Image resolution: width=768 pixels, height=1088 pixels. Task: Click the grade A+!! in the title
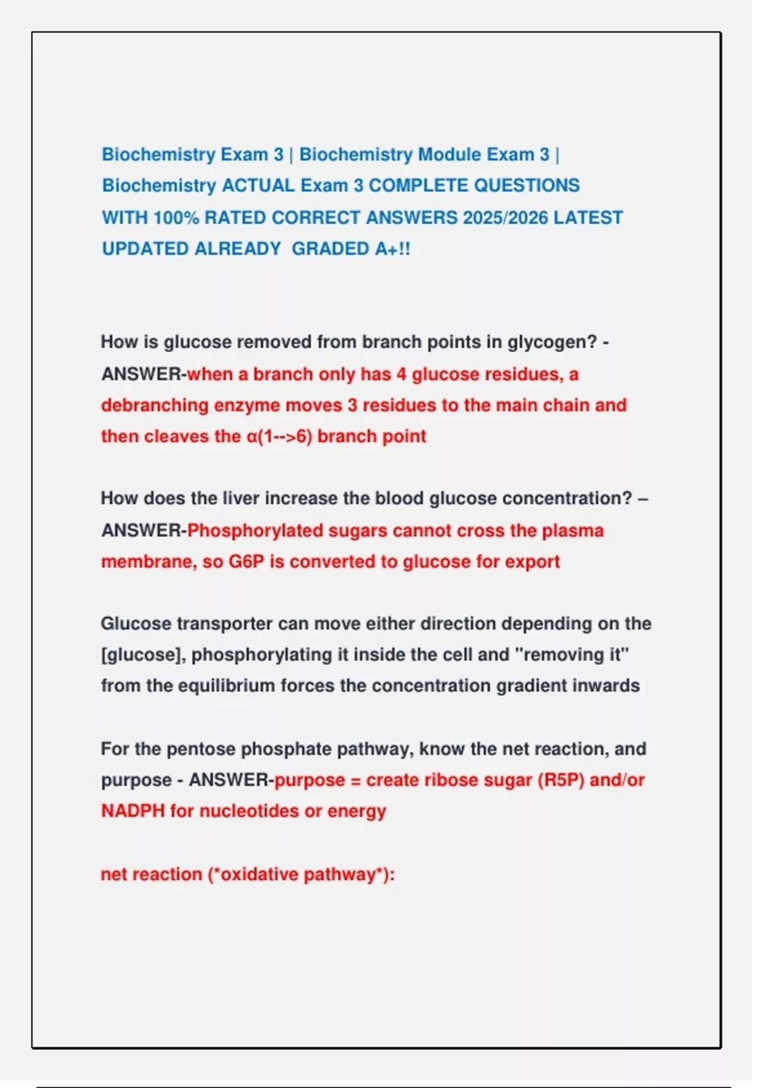coord(392,249)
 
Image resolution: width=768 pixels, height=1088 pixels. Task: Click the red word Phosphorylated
coord(255,531)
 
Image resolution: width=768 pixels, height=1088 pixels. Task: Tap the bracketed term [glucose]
coord(141,655)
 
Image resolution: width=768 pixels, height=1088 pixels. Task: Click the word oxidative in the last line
coord(259,875)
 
